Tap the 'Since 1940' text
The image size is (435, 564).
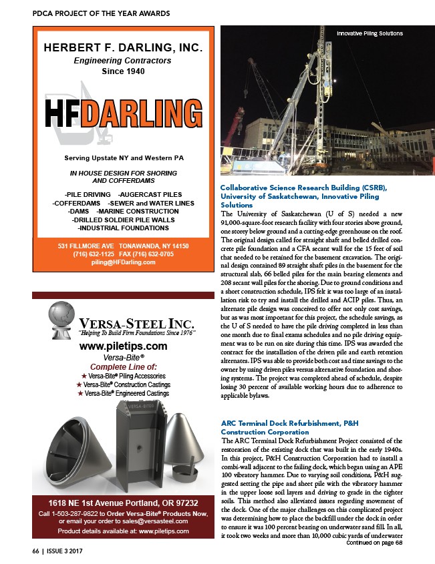pyautogui.click(x=124, y=71)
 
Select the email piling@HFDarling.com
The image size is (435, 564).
pyautogui.click(x=124, y=262)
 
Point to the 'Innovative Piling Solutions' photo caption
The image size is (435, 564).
pyautogui.click(x=370, y=33)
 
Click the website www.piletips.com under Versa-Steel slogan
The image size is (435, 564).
pyautogui.click(x=123, y=346)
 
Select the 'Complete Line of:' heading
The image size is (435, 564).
pyautogui.click(x=123, y=366)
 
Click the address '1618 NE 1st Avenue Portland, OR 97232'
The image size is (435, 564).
pyautogui.click(x=123, y=502)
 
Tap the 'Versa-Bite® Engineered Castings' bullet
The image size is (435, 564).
pyautogui.click(x=123, y=393)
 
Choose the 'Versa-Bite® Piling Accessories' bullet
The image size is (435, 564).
pyautogui.click(x=123, y=376)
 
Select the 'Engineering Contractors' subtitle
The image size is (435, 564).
pyautogui.click(x=124, y=61)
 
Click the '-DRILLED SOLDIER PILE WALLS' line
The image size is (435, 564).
pyautogui.click(x=124, y=219)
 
